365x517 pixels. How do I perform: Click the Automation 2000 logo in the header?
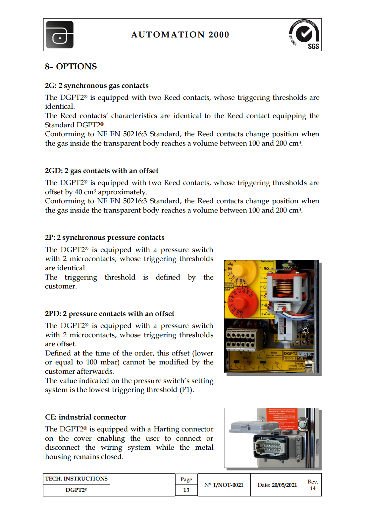60,35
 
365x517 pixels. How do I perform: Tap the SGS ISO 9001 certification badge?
304,34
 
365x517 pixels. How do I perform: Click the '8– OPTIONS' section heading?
71,67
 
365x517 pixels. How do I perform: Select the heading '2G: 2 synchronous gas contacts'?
97,86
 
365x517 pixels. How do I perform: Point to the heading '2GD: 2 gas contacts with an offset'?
102,171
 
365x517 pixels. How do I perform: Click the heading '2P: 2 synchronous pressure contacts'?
105,237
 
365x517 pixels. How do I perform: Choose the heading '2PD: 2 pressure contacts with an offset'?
110,314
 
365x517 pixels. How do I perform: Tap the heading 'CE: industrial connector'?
85,417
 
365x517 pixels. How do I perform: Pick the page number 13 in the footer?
186,490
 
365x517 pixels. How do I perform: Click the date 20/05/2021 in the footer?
284,485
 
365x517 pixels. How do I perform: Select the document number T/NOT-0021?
228,485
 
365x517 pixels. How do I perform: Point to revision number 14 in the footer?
313,488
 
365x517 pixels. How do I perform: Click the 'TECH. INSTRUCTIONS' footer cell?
77,479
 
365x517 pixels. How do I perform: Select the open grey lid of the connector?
246,428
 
